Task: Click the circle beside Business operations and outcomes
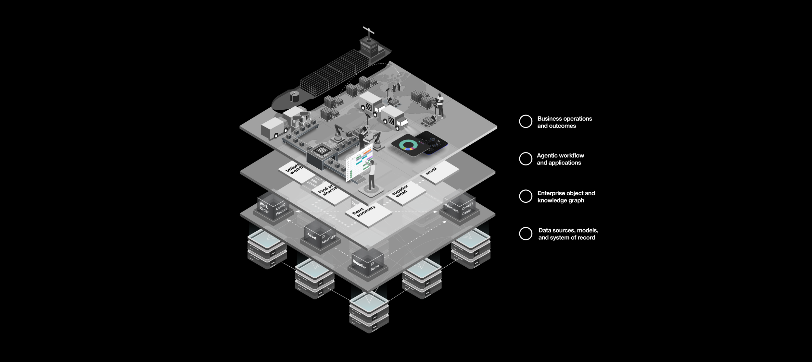coord(526,121)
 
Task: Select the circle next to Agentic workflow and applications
coord(526,159)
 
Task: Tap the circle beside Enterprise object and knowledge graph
coord(526,196)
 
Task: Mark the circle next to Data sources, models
coord(526,234)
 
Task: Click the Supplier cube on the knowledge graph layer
coord(367,263)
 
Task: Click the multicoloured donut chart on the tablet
coord(409,145)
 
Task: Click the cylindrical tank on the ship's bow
coord(294,96)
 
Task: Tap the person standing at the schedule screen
coord(372,175)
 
